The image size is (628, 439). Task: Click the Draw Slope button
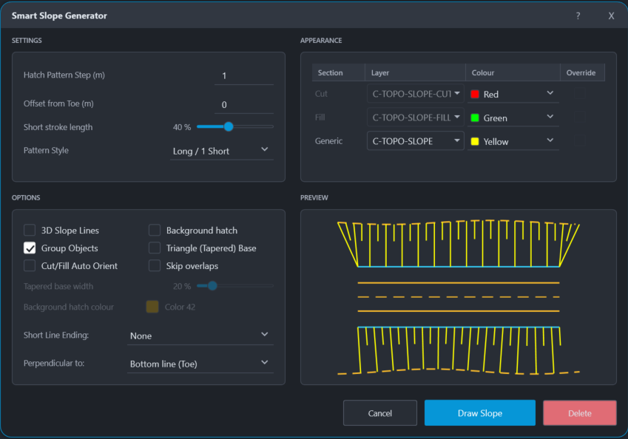coord(480,413)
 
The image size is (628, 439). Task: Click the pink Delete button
coord(579,413)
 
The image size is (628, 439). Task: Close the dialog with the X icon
coord(611,16)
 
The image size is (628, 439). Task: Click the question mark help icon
coord(578,16)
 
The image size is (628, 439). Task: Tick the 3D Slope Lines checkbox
coord(30,230)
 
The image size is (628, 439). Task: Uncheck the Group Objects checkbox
coord(30,248)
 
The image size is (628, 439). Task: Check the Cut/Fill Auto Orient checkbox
coord(30,266)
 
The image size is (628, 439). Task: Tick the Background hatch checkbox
coord(155,230)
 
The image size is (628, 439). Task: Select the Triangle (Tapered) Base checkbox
coord(155,248)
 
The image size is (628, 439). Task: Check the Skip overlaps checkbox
coord(155,266)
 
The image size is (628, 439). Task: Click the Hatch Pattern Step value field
coord(244,75)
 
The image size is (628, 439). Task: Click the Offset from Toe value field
coord(244,104)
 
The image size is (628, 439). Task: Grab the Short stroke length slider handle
coord(229,127)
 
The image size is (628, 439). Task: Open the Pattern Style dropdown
coord(222,151)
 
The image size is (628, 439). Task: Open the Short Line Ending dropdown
coord(200,336)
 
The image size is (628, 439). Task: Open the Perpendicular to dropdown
coord(200,364)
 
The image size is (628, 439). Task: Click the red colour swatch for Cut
coord(475,94)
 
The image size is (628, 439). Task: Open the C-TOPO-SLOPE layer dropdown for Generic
coord(415,141)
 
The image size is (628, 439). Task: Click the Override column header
coord(581,73)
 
